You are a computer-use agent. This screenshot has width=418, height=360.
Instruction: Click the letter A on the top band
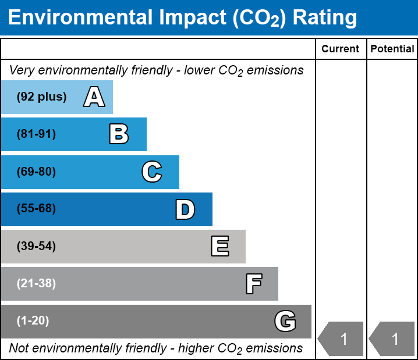tap(94, 97)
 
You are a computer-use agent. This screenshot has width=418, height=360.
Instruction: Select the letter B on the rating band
tap(119, 134)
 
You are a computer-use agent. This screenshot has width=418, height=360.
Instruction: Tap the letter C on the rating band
tap(152, 172)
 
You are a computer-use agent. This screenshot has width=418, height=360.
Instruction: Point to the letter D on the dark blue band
tap(185, 209)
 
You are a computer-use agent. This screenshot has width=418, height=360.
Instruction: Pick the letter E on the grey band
tap(219, 246)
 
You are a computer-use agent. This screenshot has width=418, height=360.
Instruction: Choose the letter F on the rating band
tap(253, 284)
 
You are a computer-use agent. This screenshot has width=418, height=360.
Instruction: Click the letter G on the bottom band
tap(285, 321)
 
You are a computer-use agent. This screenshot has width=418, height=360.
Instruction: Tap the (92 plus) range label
tap(41, 97)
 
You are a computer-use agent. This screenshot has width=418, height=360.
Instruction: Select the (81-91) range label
tap(36, 134)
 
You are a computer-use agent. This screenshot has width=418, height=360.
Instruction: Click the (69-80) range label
tap(36, 172)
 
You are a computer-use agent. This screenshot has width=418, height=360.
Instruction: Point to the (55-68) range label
tap(36, 209)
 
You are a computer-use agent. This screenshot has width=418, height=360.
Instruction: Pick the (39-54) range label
tap(36, 246)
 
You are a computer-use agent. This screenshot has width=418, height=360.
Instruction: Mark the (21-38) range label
tap(36, 284)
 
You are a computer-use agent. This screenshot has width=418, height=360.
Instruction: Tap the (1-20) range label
tap(33, 321)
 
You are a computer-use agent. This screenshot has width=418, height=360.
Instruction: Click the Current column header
tap(341, 49)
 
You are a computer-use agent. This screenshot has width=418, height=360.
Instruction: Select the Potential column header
tap(392, 49)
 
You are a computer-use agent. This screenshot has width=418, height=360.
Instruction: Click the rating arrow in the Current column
tap(341, 338)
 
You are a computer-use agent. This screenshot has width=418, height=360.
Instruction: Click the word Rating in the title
tap(324, 17)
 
